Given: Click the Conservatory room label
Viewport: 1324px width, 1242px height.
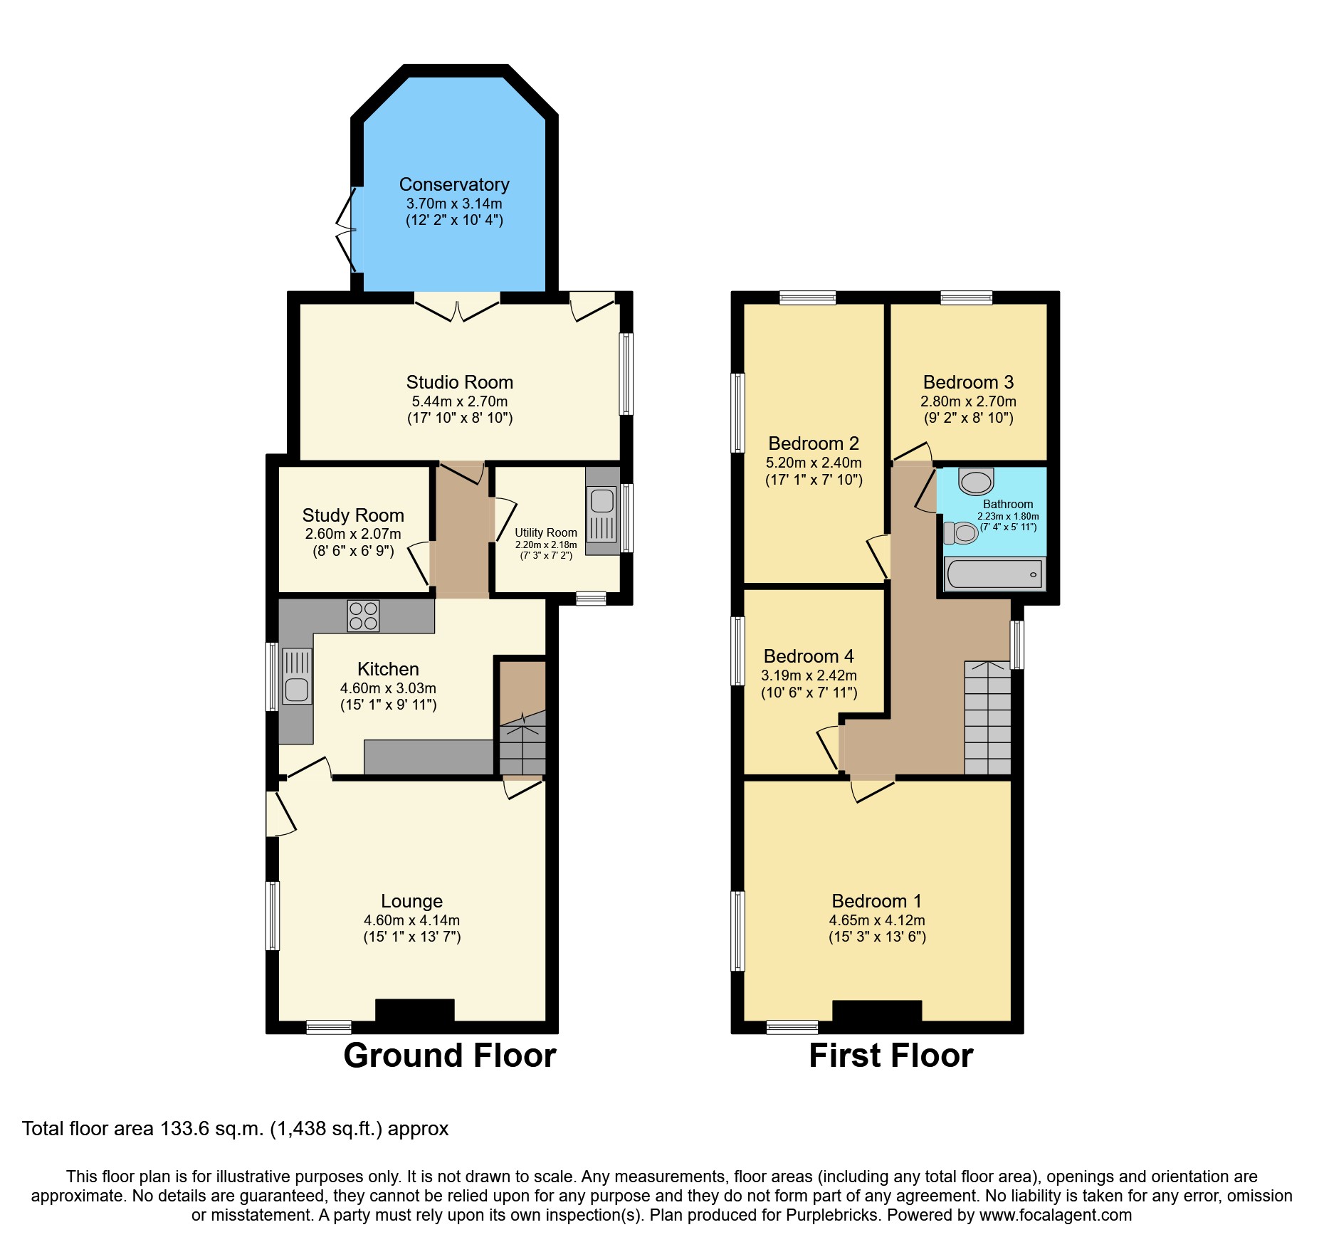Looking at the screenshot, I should (x=454, y=185).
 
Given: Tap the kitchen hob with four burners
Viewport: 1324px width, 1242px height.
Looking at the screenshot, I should (x=363, y=616).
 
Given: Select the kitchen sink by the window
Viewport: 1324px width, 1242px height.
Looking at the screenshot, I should (x=297, y=689).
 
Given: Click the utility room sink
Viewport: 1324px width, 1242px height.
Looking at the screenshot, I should (x=601, y=500).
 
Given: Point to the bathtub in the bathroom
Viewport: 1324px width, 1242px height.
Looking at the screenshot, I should (x=994, y=574).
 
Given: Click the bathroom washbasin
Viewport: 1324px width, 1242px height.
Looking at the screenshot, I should (x=976, y=482).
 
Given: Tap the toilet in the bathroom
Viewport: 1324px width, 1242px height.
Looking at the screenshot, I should (x=961, y=533).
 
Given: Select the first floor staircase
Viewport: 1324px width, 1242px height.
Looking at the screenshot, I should (x=987, y=717).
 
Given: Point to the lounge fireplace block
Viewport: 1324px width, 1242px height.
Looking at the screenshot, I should (x=414, y=1011).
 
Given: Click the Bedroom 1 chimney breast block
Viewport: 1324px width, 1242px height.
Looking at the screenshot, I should (x=877, y=1011).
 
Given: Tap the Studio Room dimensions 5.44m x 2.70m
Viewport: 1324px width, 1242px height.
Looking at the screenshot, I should (x=460, y=401).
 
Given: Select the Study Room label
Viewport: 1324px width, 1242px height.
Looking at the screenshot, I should (x=353, y=515).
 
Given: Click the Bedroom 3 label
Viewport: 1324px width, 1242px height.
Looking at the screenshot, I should (x=968, y=382).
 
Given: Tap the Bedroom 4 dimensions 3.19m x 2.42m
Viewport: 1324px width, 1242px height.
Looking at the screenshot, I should (x=809, y=675).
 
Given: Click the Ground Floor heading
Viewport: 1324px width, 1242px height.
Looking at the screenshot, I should (x=449, y=1055).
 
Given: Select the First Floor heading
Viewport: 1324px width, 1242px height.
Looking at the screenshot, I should (x=890, y=1055).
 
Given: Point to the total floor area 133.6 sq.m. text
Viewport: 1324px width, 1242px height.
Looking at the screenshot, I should (x=235, y=1129).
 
